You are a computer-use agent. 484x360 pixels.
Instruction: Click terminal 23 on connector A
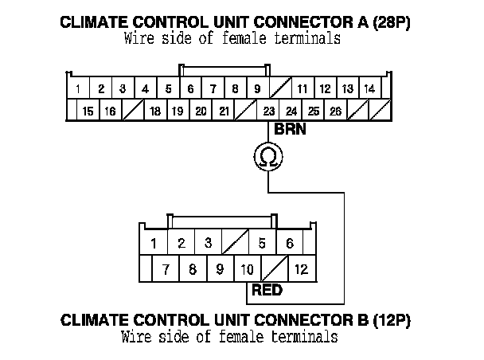coord(269,112)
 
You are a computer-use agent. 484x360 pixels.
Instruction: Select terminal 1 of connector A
coord(78,88)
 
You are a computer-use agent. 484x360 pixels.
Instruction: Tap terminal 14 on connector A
coord(369,88)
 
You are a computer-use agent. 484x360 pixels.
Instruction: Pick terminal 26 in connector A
coord(336,112)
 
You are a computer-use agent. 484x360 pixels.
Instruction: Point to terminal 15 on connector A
coord(88,112)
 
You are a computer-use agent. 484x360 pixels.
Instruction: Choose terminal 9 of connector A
coord(257,88)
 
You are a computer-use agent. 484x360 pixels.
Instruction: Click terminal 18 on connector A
coord(155,112)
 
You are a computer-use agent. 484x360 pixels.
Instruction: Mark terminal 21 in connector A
coord(224,112)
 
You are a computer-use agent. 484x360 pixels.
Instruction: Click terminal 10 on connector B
coord(247,269)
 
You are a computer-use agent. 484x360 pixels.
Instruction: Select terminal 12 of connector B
coord(301,269)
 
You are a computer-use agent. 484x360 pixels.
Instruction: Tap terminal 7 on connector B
coord(165,269)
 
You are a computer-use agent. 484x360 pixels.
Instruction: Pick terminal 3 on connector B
coord(208,243)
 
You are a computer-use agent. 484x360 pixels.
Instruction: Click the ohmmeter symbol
coord(268,158)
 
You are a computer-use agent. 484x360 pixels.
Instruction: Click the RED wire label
coord(267,290)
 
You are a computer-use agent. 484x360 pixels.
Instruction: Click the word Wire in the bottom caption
coord(138,337)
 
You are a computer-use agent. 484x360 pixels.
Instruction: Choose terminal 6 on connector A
coord(190,88)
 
